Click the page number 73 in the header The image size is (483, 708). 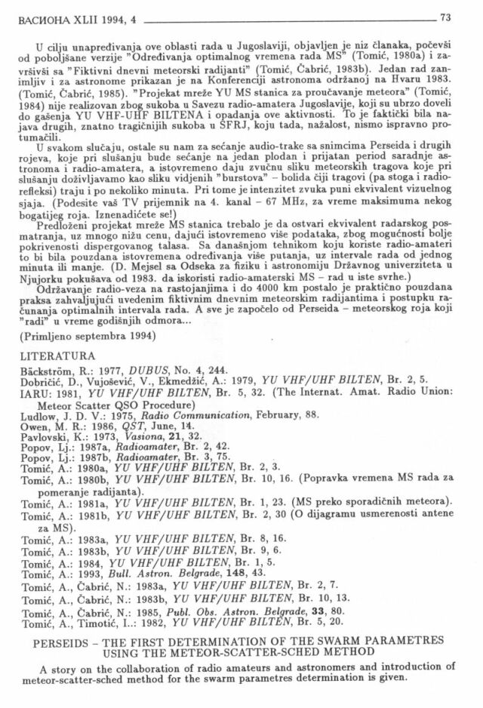tap(445, 17)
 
